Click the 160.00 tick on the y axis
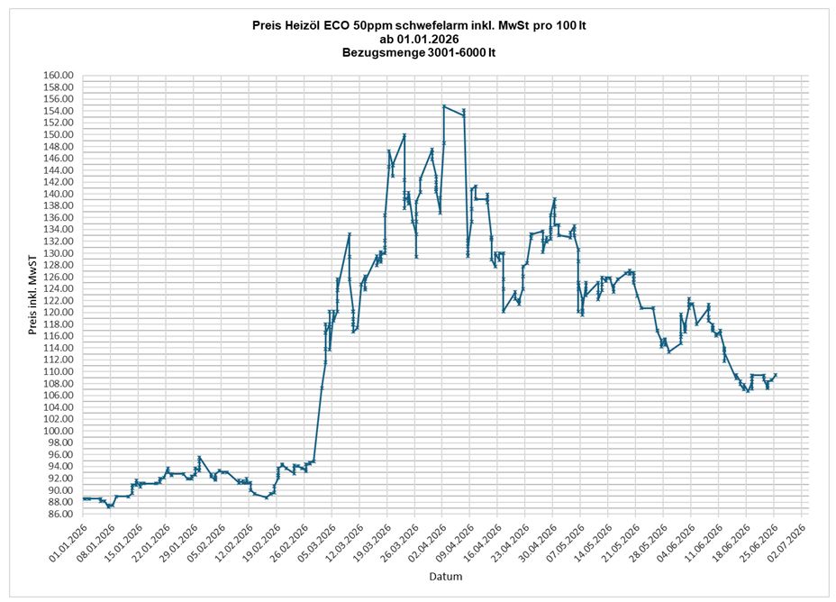[x=59, y=75]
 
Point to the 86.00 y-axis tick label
[x=60, y=514]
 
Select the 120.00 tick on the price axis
[x=59, y=313]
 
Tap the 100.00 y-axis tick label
[x=59, y=431]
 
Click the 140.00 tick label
[x=59, y=194]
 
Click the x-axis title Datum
[x=446, y=577]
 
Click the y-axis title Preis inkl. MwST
[x=33, y=295]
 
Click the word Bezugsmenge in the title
[x=384, y=53]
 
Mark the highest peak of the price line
[x=443, y=106]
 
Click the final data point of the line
[x=776, y=375]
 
